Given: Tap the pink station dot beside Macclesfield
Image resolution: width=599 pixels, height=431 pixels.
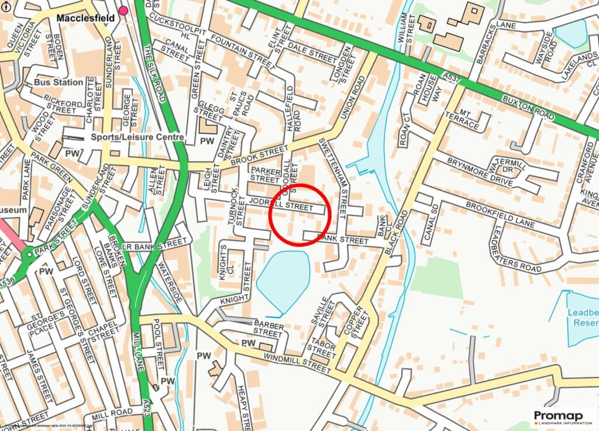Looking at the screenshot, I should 123,11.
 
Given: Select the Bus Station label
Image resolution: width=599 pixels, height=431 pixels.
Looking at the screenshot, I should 58,82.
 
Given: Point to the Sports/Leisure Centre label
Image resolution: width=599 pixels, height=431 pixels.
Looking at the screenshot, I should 137,137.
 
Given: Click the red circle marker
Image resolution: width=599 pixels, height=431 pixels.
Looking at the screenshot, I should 300,215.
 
